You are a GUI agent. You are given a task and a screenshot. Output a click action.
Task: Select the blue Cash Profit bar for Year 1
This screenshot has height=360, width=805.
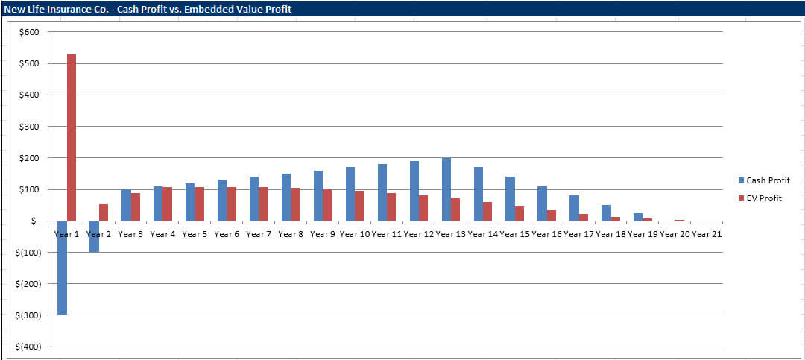pyautogui.click(x=62, y=268)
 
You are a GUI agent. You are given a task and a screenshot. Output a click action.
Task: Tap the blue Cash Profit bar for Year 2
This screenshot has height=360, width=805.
pyautogui.click(x=94, y=236)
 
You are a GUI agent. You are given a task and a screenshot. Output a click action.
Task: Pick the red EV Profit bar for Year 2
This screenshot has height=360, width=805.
pyautogui.click(x=104, y=212)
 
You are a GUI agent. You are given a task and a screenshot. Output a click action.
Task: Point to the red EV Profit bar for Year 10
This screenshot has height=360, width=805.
pyautogui.click(x=360, y=206)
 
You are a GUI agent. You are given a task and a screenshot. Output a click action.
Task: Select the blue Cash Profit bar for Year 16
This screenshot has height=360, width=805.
pyautogui.click(x=542, y=203)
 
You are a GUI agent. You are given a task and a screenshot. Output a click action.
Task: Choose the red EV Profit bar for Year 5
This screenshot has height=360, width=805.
pyautogui.click(x=200, y=203)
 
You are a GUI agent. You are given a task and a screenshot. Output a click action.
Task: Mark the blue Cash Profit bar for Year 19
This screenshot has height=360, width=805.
pyautogui.click(x=638, y=217)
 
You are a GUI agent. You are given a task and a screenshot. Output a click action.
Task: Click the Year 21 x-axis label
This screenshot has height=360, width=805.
pyautogui.click(x=706, y=234)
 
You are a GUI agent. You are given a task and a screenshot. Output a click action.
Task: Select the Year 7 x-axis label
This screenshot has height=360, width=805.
pyautogui.click(x=258, y=234)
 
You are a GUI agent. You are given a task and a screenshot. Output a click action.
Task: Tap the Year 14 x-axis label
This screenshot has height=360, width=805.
pyautogui.click(x=483, y=234)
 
